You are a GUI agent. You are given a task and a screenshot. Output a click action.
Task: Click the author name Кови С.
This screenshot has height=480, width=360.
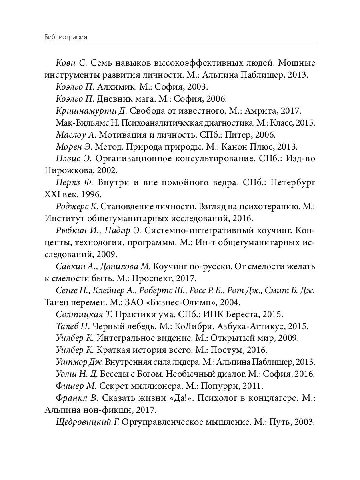72,63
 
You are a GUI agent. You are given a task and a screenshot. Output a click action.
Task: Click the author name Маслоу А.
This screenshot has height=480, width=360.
76,134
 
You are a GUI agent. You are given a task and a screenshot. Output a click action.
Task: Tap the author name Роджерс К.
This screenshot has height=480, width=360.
77,206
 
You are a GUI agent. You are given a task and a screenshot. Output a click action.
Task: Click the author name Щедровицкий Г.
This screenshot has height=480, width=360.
88,422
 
